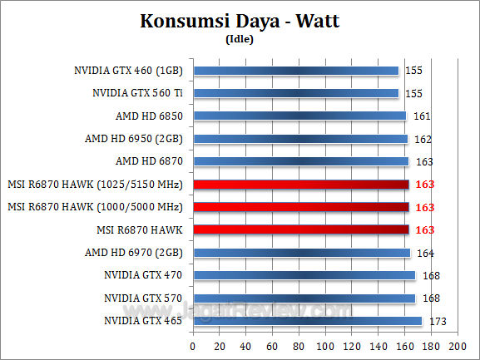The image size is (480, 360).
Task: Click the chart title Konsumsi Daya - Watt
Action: [x=240, y=21]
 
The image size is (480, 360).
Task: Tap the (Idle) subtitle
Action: [x=240, y=38]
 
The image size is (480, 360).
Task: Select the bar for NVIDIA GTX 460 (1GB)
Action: [x=295, y=71]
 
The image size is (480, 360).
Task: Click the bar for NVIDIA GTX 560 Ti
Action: [x=295, y=93]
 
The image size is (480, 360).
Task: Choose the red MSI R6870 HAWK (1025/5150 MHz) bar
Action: [x=300, y=184]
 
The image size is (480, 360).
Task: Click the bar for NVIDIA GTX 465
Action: [x=307, y=320]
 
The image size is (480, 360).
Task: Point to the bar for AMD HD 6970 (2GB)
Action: [x=301, y=252]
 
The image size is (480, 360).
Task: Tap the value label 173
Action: [x=434, y=320]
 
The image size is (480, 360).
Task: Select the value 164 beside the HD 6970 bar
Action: [x=423, y=252]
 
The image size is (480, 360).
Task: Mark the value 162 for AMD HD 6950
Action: [x=420, y=139]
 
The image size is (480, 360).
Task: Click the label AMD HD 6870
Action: [x=151, y=161]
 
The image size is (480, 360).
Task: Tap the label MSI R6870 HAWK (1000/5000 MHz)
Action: [x=96, y=206]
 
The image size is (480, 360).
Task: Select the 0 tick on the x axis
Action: [x=193, y=345]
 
